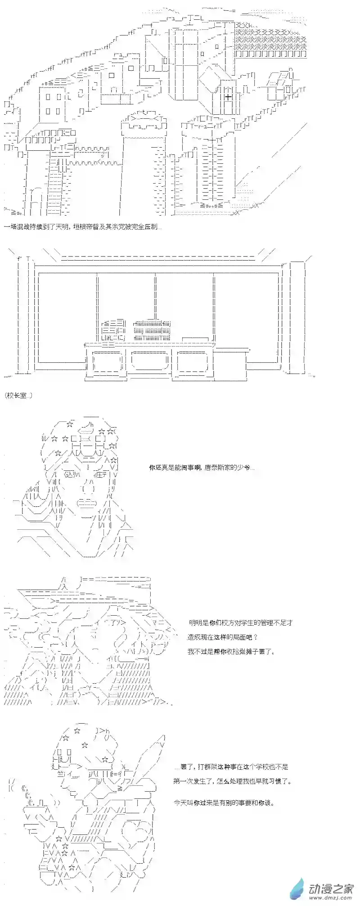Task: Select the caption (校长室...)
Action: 18,396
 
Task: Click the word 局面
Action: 237,637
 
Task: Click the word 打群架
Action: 201,766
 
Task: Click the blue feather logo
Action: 297,888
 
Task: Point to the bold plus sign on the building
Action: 228,96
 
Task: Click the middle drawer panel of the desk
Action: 150,361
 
